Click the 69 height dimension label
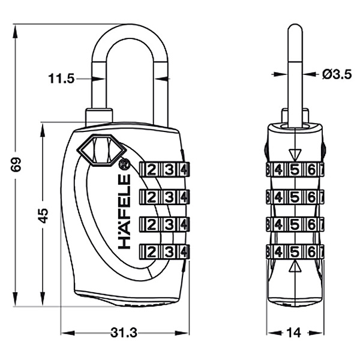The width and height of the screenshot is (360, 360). [16, 164]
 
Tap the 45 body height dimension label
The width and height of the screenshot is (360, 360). [43, 215]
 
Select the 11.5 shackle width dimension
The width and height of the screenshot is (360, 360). [62, 79]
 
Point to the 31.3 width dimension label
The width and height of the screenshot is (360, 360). [124, 332]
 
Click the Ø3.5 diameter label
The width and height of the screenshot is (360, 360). [337, 74]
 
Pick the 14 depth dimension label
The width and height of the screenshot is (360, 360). [294, 332]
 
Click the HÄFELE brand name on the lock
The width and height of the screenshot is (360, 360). [124, 211]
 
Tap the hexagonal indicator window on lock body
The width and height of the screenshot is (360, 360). [101, 150]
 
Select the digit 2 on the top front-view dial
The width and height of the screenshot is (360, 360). [151, 170]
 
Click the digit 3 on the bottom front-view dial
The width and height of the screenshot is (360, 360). [169, 252]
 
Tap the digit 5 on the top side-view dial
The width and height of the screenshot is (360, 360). [295, 170]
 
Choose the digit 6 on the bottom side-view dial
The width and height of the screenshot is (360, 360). [311, 253]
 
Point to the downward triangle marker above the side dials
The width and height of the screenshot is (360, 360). [295, 155]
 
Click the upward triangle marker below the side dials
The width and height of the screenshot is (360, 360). [295, 267]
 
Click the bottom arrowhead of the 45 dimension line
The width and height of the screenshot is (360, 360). [43, 299]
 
